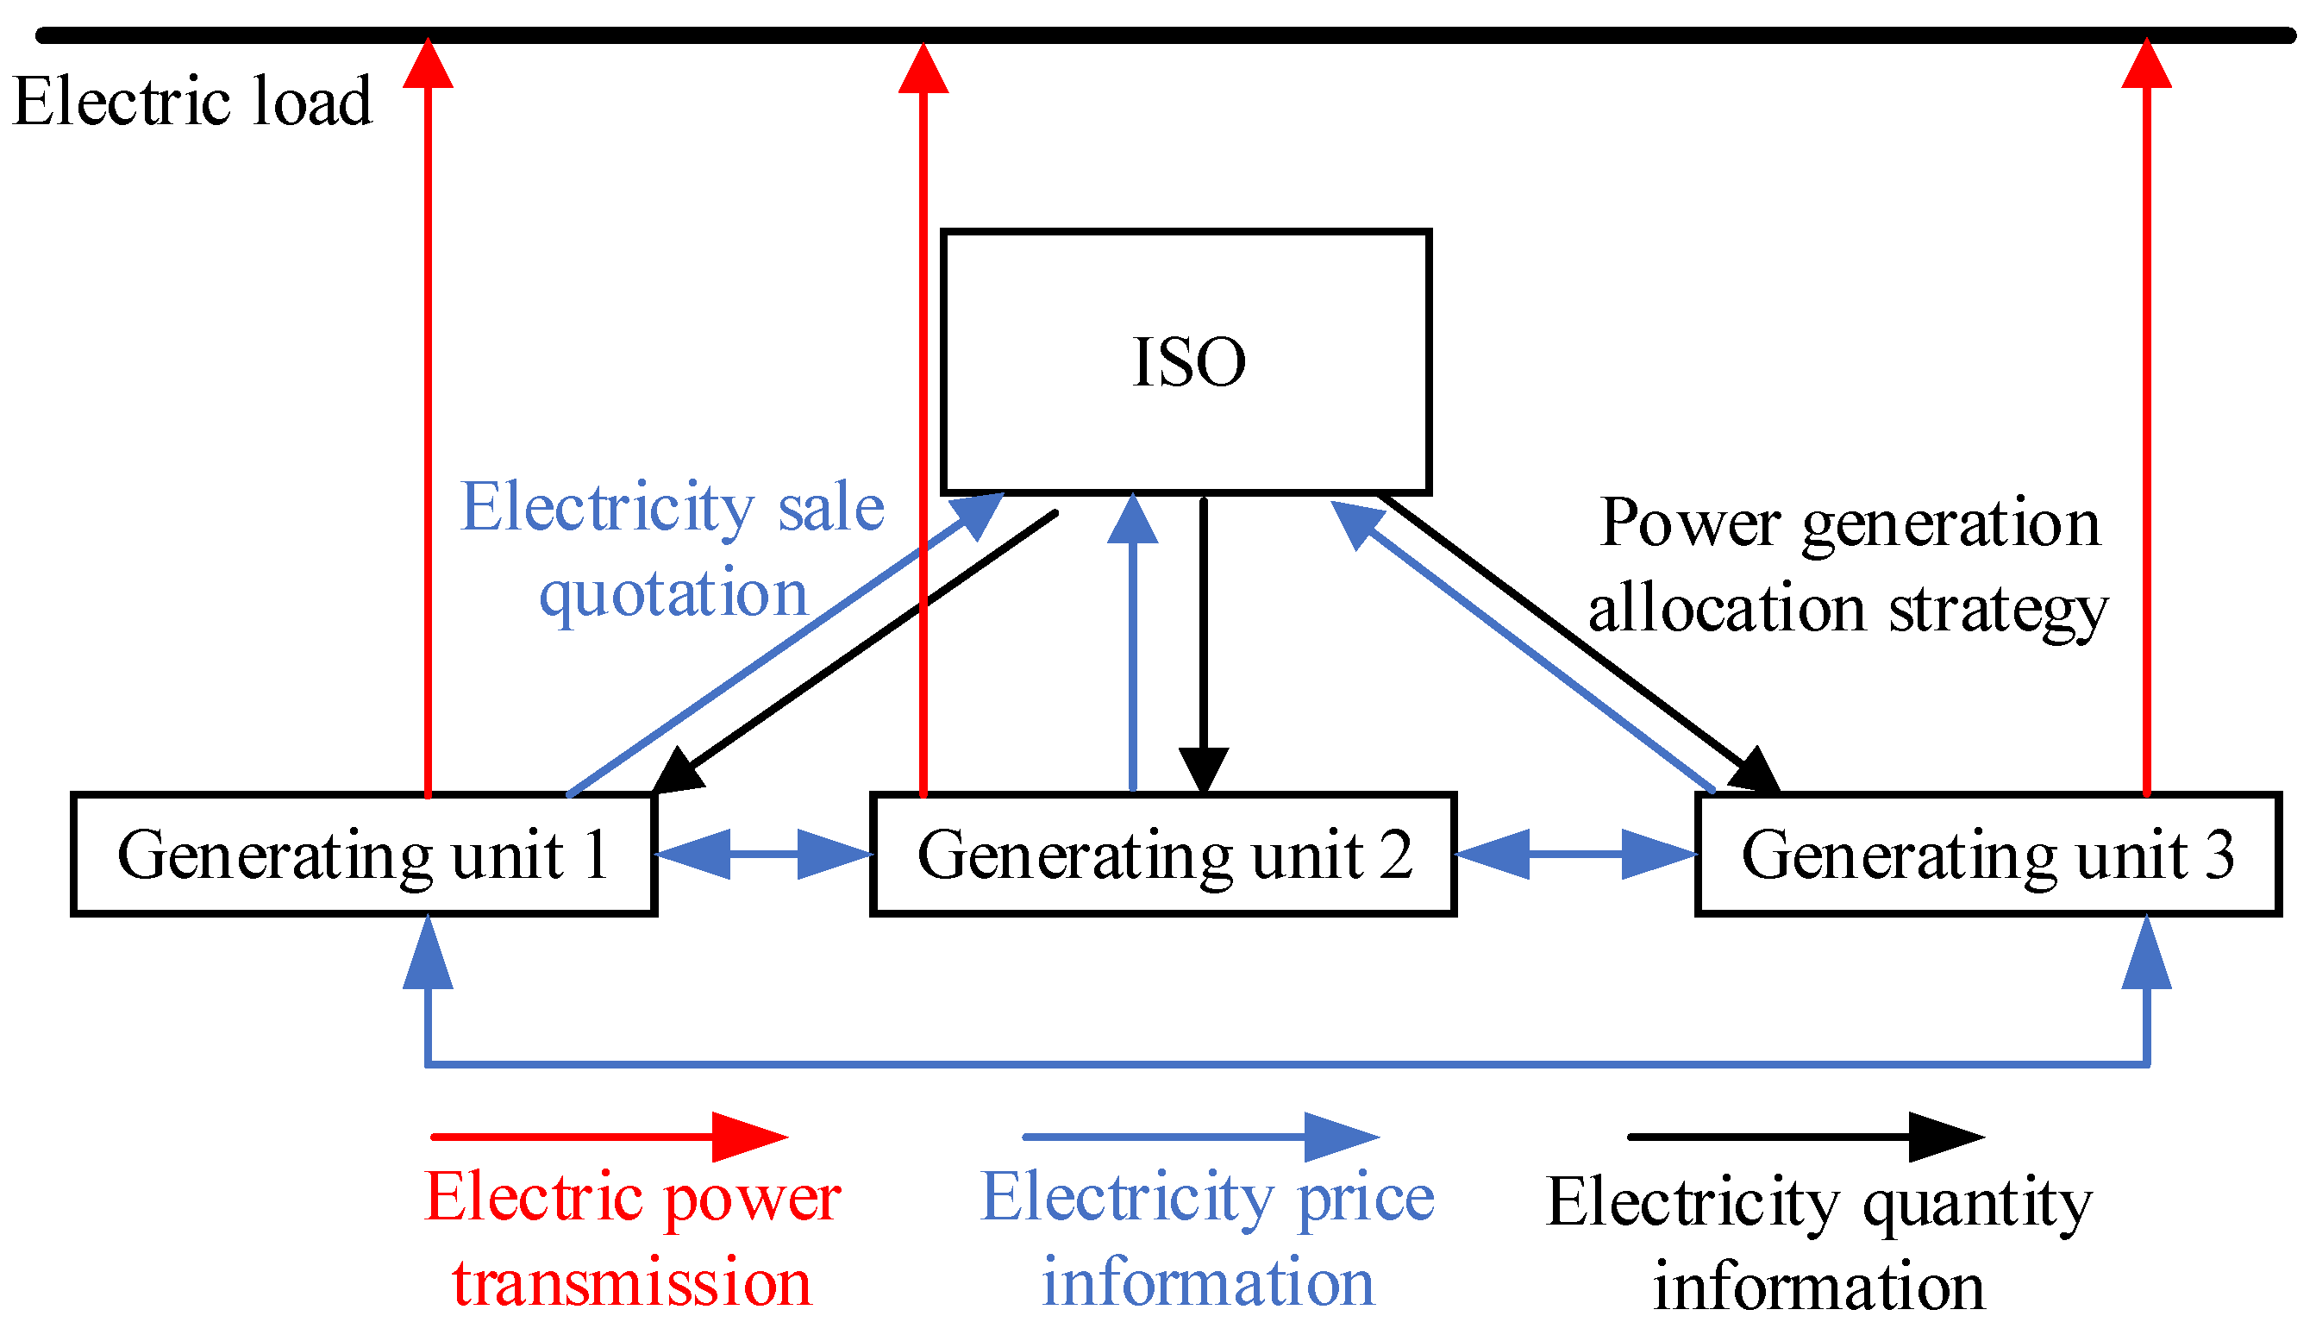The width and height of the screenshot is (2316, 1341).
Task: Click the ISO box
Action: tap(1186, 361)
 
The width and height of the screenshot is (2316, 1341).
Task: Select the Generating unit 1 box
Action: tap(363, 855)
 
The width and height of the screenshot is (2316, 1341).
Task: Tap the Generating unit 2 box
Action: tap(1162, 855)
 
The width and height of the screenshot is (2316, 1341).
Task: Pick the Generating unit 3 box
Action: tap(1987, 855)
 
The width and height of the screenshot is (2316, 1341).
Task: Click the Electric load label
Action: tap(193, 101)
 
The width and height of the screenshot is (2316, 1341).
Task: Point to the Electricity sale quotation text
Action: tap(673, 548)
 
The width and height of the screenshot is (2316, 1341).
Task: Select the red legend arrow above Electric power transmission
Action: tap(610, 1137)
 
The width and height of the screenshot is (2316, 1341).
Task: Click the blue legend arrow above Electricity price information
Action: tap(1201, 1137)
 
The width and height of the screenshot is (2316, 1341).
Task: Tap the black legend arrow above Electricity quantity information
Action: tap(1806, 1137)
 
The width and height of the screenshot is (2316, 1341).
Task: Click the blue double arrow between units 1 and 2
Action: tap(764, 854)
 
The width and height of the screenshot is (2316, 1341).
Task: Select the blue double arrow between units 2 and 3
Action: tap(1575, 854)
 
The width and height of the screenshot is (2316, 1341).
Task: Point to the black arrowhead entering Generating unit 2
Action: tap(1203, 770)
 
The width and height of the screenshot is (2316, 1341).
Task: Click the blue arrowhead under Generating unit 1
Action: tap(429, 956)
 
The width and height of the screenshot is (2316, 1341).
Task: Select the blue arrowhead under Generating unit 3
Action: tap(2146, 956)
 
